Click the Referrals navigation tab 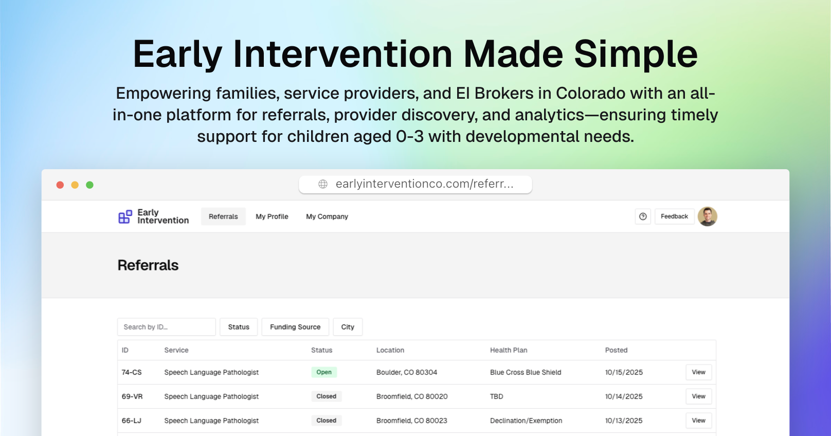[x=223, y=216]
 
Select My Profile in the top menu [x=272, y=216]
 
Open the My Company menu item [x=327, y=216]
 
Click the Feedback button [x=674, y=216]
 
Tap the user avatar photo [x=707, y=216]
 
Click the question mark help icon [x=643, y=216]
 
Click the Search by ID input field [x=166, y=327]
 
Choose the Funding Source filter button [x=295, y=327]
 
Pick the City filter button [x=348, y=327]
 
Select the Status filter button [x=239, y=327]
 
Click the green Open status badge [x=324, y=372]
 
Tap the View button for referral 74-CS [x=698, y=372]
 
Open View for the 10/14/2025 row [x=698, y=396]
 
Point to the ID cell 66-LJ [x=132, y=421]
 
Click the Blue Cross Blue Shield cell [x=526, y=372]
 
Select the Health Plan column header [x=509, y=350]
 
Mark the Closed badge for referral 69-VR [x=326, y=396]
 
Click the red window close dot [x=60, y=185]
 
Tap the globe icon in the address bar [x=323, y=184]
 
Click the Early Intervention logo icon [x=125, y=216]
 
